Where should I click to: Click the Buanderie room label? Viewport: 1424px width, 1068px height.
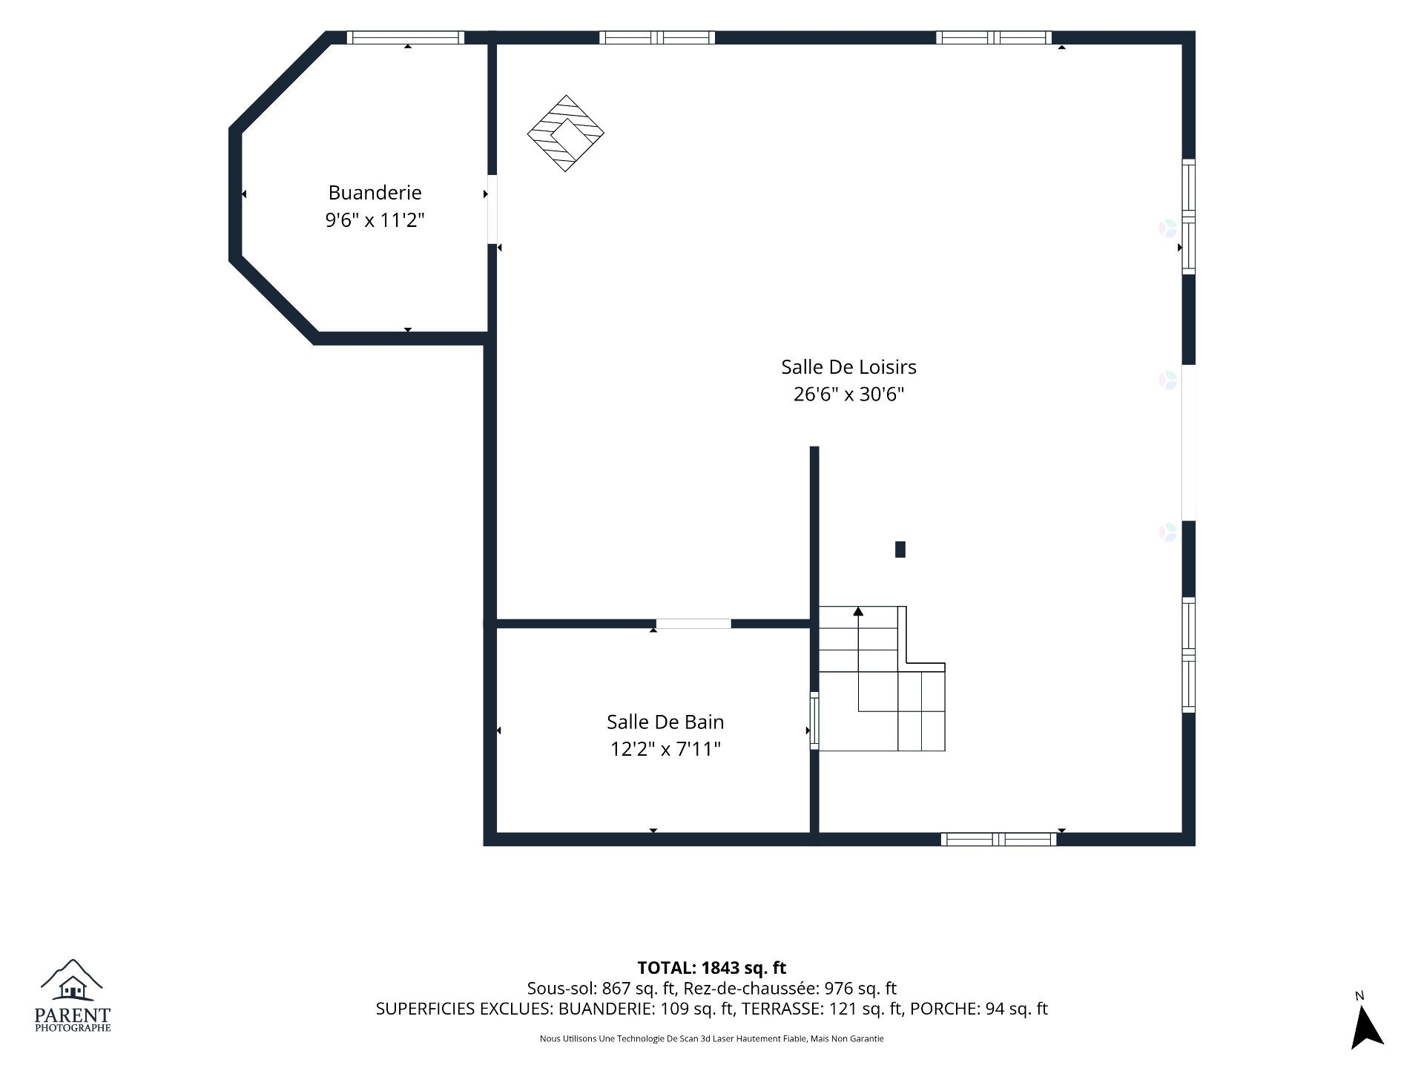click(x=375, y=193)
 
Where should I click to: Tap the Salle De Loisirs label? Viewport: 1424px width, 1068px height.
click(x=848, y=367)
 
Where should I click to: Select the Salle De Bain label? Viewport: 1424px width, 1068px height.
click(x=665, y=722)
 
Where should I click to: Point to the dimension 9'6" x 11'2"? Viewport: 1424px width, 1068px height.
click(x=375, y=220)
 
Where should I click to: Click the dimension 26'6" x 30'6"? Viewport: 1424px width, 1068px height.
click(x=848, y=394)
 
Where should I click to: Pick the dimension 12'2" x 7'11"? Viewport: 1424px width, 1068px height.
click(x=665, y=749)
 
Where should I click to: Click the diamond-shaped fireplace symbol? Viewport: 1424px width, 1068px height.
click(x=565, y=133)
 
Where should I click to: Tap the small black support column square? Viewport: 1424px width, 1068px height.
click(x=900, y=550)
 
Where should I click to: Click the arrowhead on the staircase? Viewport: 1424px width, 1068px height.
click(x=858, y=611)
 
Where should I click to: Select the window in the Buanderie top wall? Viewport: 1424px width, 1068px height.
click(x=405, y=38)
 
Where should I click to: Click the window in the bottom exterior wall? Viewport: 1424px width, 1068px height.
click(x=999, y=840)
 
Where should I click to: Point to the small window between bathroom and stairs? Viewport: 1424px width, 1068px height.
click(x=814, y=720)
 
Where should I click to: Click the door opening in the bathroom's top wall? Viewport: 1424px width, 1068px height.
click(x=693, y=624)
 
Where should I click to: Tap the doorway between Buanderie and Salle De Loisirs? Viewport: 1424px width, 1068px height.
click(x=492, y=209)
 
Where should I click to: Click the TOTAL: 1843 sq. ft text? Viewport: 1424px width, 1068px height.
click(x=712, y=968)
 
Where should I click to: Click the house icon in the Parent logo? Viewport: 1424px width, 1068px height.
click(x=73, y=987)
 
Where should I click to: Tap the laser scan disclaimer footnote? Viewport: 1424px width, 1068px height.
click(x=712, y=1039)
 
